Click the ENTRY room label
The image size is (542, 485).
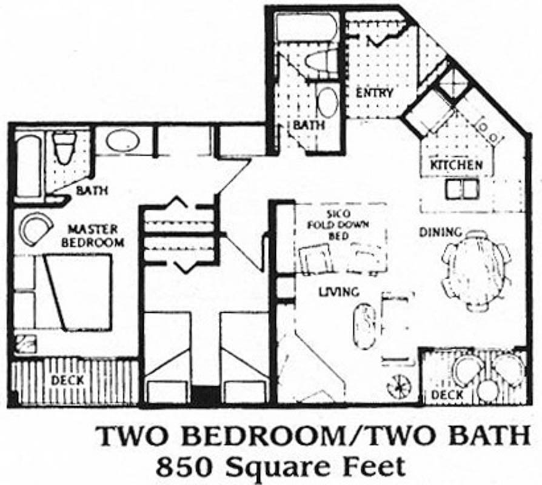click(x=375, y=93)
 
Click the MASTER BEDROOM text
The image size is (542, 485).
click(x=93, y=236)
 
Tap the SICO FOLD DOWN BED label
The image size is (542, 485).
click(x=339, y=225)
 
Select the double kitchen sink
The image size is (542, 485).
click(x=463, y=190)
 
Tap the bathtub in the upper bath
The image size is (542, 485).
click(x=306, y=27)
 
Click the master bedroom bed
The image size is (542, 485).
click(x=78, y=292)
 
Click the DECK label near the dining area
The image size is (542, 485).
click(x=447, y=395)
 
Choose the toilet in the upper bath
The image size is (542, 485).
click(x=321, y=60)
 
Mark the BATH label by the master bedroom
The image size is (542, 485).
click(x=92, y=190)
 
